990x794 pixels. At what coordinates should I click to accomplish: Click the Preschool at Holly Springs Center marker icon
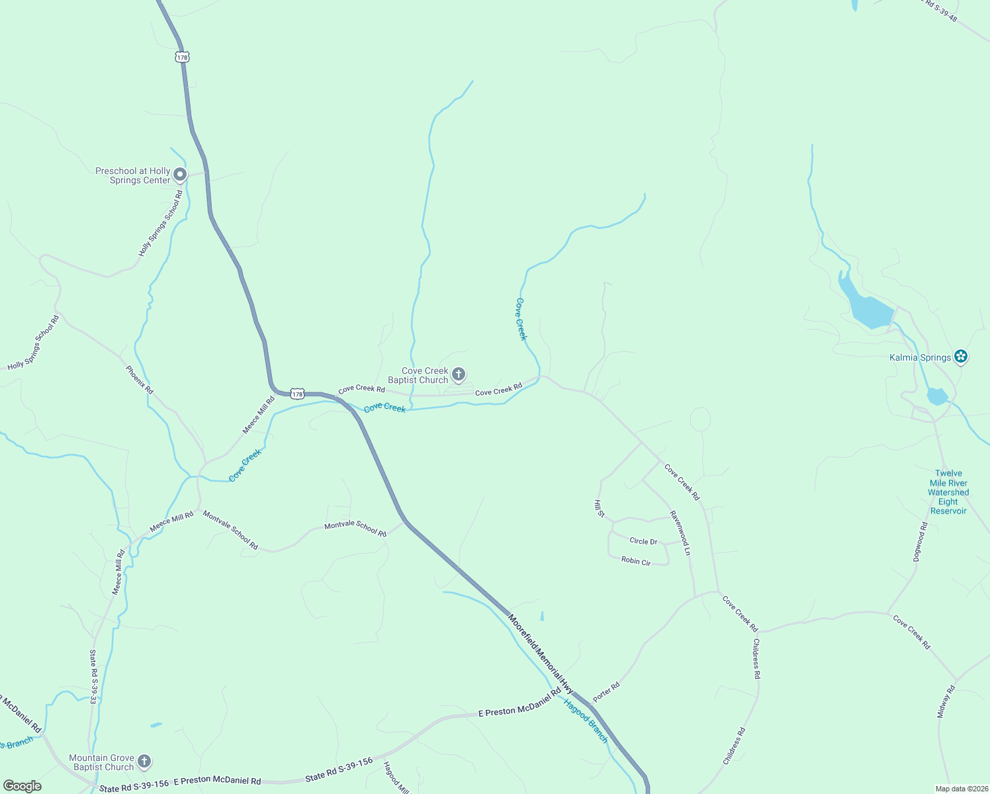180,175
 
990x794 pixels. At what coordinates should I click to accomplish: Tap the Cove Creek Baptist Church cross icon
458,375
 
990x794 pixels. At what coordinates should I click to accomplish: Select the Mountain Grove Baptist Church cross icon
144,762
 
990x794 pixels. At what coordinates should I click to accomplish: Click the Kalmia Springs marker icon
961,357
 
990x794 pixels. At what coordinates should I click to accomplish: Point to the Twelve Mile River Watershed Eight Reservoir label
948,492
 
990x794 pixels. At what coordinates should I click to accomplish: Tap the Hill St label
600,509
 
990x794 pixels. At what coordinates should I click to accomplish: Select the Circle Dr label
643,541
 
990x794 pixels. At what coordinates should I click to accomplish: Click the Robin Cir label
636,561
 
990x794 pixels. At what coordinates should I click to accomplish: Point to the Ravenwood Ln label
680,533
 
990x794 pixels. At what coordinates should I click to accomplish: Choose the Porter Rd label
606,692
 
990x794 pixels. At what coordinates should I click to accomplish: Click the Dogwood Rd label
921,542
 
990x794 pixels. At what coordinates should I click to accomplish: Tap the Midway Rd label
946,702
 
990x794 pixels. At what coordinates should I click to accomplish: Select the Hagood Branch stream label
586,721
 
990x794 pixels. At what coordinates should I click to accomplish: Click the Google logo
22,786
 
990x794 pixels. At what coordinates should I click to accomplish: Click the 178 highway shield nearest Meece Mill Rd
297,394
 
